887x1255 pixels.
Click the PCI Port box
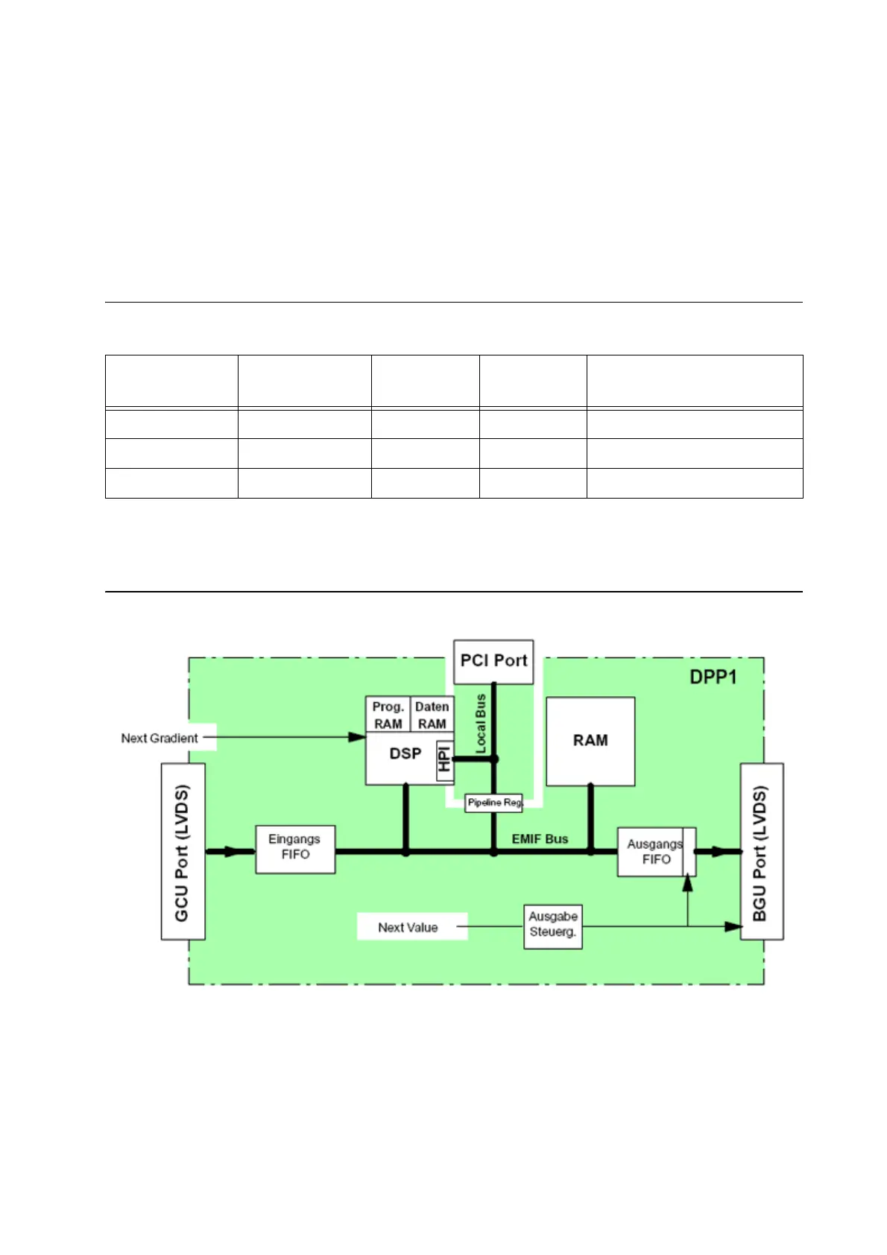[493, 661]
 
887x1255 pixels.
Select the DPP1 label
[713, 677]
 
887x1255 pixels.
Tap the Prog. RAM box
[388, 715]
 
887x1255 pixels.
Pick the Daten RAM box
[432, 715]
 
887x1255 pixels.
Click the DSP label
[405, 754]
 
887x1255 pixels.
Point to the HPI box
[445, 759]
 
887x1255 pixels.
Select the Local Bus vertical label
[481, 723]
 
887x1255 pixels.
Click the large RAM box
[590, 741]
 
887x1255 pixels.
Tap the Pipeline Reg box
[493, 803]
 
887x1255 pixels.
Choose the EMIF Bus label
[540, 839]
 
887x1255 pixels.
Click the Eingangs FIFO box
[295, 848]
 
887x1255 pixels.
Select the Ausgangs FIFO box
[655, 852]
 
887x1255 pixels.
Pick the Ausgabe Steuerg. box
[552, 926]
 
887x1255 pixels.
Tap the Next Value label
[408, 927]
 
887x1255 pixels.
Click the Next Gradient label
[160, 738]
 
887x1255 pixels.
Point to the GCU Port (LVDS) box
[183, 851]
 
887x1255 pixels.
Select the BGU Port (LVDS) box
[761, 851]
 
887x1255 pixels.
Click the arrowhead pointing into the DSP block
[358, 737]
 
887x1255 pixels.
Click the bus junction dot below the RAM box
[590, 851]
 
